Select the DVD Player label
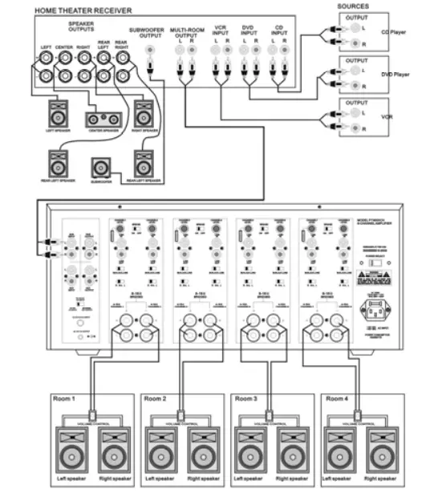tap(395, 75)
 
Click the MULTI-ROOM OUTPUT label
tap(186, 34)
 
